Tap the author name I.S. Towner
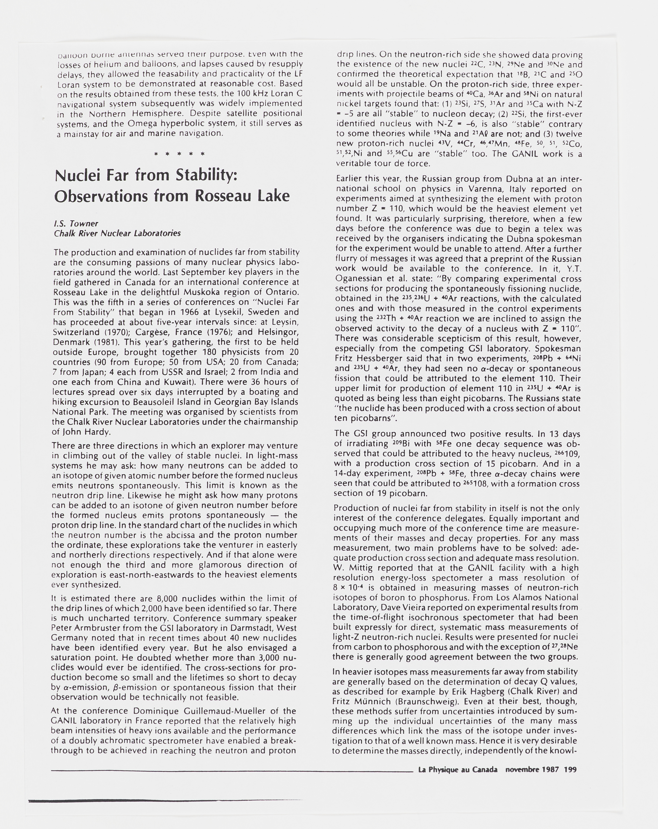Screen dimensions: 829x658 click(76, 223)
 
